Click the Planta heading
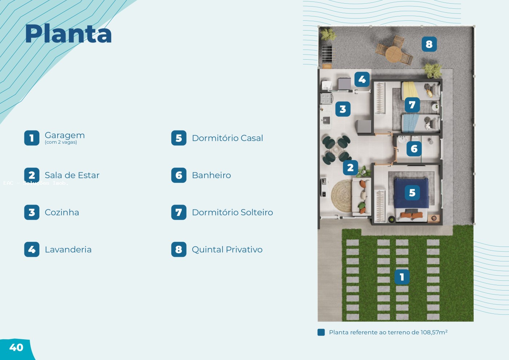(68, 34)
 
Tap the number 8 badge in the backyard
(429, 44)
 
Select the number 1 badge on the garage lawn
(402, 277)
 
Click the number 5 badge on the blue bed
(412, 193)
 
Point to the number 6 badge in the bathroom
(414, 149)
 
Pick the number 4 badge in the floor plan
(362, 79)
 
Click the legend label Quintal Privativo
(227, 249)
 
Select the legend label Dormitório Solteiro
(232, 212)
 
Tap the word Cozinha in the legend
(62, 212)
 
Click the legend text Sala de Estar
(72, 175)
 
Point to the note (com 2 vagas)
(61, 142)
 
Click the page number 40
(16, 348)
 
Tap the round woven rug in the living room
(341, 196)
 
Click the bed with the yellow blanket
(421, 91)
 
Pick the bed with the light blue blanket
(421, 123)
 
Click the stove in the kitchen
(326, 98)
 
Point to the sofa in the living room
(361, 197)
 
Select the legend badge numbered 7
(179, 212)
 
